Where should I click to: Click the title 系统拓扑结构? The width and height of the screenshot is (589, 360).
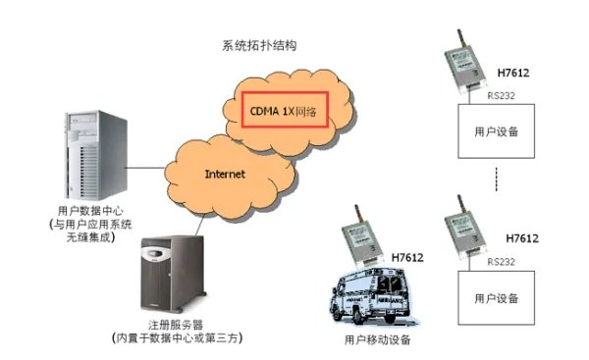click(259, 46)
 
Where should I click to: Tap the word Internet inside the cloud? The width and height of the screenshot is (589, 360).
click(224, 174)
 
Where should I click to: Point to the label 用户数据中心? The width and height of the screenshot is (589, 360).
click(91, 211)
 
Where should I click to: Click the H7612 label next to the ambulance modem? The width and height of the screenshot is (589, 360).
click(407, 258)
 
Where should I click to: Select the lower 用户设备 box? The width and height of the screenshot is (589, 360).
click(497, 297)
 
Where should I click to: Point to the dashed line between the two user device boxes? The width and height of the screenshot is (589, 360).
click(498, 180)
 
